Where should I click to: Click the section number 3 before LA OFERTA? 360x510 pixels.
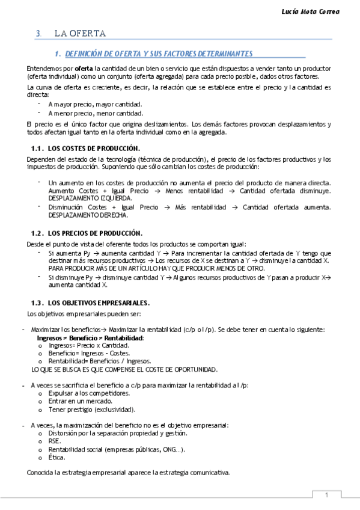coord(38,34)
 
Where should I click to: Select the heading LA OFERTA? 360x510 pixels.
coord(80,34)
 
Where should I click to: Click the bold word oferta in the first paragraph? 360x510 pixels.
coord(84,69)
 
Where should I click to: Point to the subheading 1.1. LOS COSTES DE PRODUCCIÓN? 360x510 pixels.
coord(85,148)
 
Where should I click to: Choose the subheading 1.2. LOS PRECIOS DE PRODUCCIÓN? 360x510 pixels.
coord(87,233)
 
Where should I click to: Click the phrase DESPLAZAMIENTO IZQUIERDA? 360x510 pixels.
coord(90,197)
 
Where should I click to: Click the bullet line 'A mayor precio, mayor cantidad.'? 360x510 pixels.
coord(96,104)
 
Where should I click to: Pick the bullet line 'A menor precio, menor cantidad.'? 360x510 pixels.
coord(96,112)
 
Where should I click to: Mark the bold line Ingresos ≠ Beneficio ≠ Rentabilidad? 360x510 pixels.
coord(90,339)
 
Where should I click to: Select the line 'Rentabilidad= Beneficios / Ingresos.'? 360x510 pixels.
coord(92,361)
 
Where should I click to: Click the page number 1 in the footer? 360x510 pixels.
coord(326,495)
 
